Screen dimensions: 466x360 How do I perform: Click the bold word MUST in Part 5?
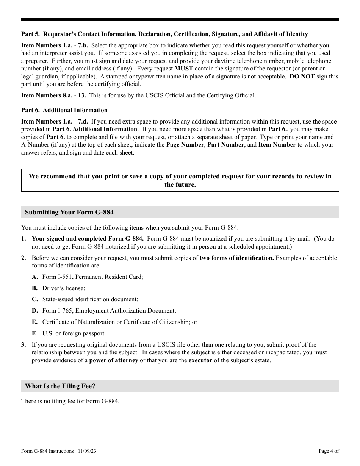click(183, 69)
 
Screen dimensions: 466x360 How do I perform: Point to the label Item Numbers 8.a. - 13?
click(53, 95)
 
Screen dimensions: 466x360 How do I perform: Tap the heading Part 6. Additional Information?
click(64, 110)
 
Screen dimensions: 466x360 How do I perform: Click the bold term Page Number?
click(185, 145)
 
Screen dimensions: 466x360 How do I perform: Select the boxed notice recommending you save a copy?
click(180, 181)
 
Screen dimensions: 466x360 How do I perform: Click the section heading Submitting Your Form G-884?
click(69, 212)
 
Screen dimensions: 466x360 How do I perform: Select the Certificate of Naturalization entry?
click(120, 322)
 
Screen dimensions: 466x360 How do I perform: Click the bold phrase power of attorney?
click(113, 360)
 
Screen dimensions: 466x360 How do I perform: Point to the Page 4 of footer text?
click(329, 451)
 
